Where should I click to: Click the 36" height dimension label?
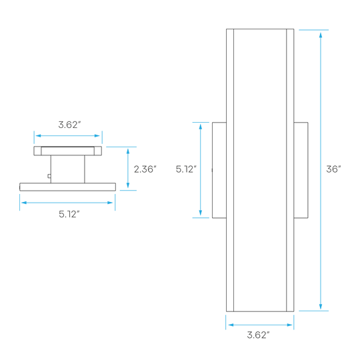(x=333, y=169)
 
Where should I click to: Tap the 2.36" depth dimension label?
(x=145, y=169)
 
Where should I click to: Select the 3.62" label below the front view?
(x=258, y=335)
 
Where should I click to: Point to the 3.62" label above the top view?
(x=69, y=125)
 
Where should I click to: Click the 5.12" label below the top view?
(x=69, y=214)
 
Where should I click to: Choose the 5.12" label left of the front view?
(x=186, y=169)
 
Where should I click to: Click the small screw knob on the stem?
(x=49, y=176)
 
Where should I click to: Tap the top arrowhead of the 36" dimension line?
(x=321, y=35)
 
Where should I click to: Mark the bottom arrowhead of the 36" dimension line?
(x=321, y=306)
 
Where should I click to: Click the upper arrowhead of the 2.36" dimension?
(x=128, y=151)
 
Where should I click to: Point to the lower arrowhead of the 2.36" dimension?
(x=128, y=185)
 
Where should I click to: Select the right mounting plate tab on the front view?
(x=301, y=170)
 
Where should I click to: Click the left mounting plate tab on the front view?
(x=219, y=170)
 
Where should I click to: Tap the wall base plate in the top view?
(x=67, y=187)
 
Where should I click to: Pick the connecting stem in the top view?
(x=67, y=169)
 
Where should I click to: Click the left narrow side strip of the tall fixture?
(x=230, y=170)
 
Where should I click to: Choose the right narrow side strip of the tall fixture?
(x=290, y=170)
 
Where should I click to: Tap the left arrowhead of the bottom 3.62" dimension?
(x=231, y=325)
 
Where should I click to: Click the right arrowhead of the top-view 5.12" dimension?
(x=110, y=203)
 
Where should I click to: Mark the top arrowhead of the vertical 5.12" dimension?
(x=201, y=127)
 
